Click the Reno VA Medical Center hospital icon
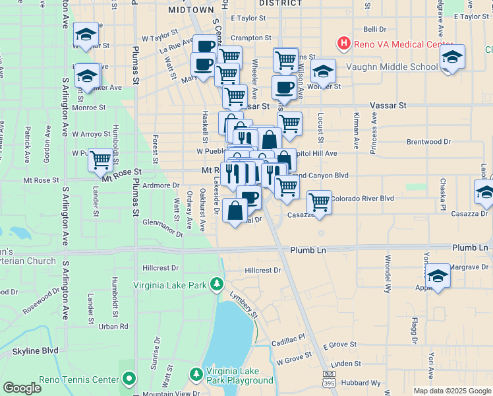coord(343,44)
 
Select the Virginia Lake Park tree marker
coord(216,285)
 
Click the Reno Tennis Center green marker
coord(129,379)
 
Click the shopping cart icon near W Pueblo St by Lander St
coord(100,159)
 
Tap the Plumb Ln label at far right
coord(470,247)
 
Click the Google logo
coord(22,388)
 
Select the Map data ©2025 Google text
coord(451,391)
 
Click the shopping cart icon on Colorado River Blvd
coord(319,201)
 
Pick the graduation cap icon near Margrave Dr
coord(438,276)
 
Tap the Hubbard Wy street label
coord(362,383)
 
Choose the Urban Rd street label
coord(113,326)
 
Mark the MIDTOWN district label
coord(191,10)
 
